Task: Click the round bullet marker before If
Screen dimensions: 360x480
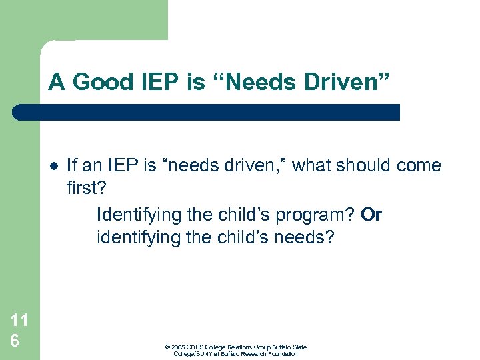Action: (54, 166)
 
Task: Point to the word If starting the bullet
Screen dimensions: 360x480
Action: (72, 165)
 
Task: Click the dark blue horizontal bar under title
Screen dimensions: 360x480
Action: (207, 112)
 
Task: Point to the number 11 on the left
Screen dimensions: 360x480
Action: (19, 320)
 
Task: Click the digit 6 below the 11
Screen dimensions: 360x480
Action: (14, 339)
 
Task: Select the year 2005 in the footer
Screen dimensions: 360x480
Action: (177, 347)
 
